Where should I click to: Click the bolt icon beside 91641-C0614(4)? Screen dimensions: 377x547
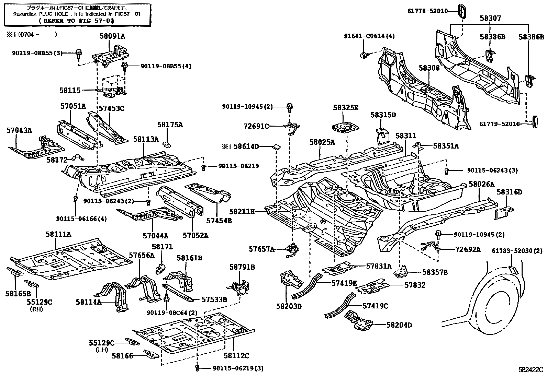coord(363,55)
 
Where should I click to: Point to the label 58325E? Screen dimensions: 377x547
coord(345,108)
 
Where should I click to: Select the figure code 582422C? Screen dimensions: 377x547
coord(531,370)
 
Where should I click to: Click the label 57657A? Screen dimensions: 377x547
coord(262,249)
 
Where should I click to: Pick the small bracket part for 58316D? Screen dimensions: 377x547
coord(504,212)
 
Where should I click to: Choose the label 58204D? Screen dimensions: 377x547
coord(399,325)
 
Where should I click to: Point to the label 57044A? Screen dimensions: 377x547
coord(156,236)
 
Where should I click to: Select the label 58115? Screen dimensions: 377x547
coord(70,91)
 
